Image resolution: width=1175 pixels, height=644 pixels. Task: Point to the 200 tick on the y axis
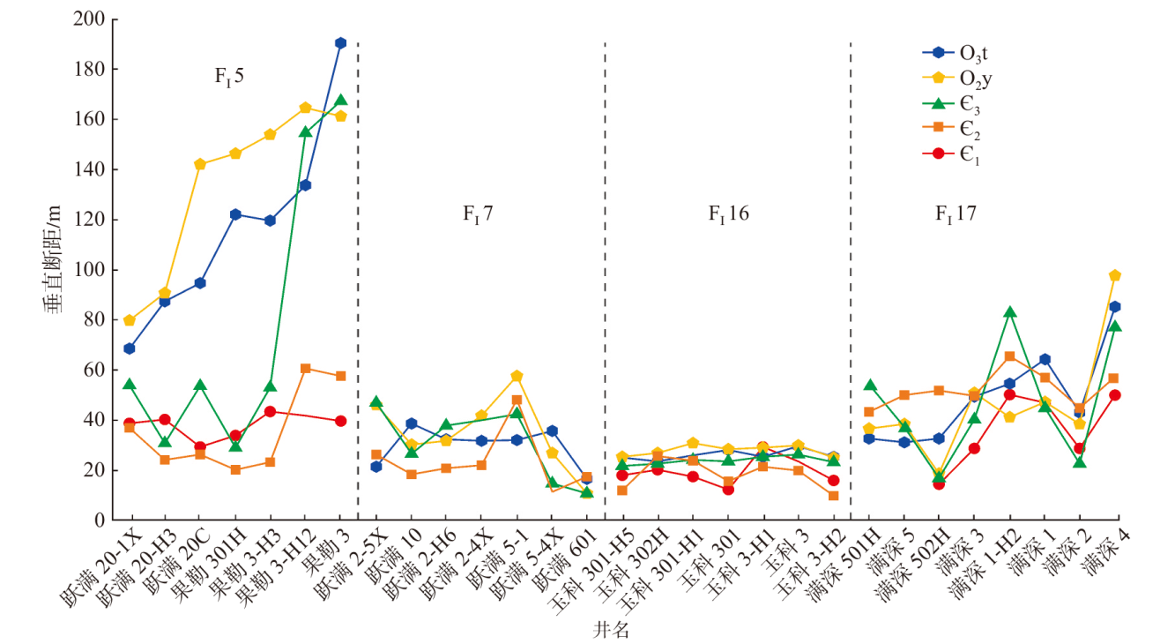pyautogui.click(x=93, y=19)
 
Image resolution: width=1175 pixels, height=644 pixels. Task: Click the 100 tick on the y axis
pyautogui.click(x=93, y=270)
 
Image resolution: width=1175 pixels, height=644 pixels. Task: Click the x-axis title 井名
pyautogui.click(x=610, y=630)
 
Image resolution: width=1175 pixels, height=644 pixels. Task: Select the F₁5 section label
pyautogui.click(x=229, y=76)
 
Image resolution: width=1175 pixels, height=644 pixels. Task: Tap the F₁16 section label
pyautogui.click(x=728, y=213)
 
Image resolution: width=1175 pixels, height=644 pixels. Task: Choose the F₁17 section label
pyautogui.click(x=956, y=213)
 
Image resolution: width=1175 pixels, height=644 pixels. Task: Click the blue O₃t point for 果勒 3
pyautogui.click(x=340, y=42)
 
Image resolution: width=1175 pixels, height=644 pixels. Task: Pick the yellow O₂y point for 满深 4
pyautogui.click(x=1114, y=275)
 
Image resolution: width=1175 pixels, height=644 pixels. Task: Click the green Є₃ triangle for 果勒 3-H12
pyautogui.click(x=305, y=131)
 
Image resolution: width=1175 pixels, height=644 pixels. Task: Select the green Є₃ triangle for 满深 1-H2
pyautogui.click(x=1009, y=312)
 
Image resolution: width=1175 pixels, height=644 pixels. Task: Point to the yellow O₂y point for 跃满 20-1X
pyautogui.click(x=130, y=320)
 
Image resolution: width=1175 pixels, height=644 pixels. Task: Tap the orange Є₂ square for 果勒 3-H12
pyautogui.click(x=305, y=368)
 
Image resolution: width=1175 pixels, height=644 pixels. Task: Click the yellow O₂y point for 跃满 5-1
pyautogui.click(x=517, y=377)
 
